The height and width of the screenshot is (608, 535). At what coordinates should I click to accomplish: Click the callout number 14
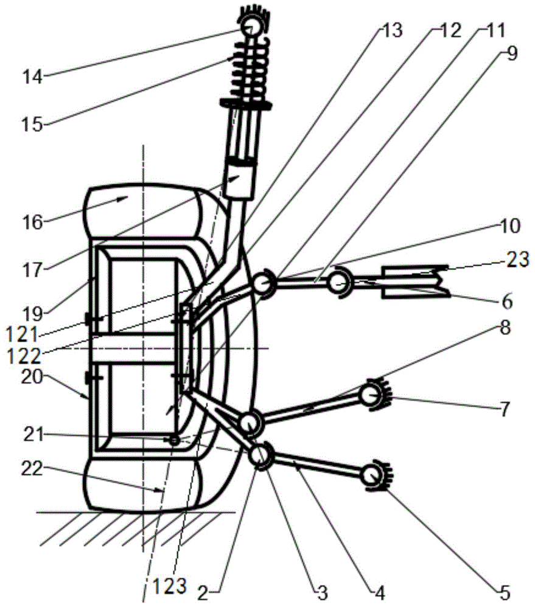click(32, 77)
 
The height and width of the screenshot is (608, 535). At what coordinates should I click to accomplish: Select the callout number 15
click(32, 125)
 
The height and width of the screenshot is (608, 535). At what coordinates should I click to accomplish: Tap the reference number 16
click(32, 222)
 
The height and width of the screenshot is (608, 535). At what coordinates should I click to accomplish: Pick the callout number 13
click(392, 30)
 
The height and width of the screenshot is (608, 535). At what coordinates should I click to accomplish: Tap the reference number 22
click(32, 469)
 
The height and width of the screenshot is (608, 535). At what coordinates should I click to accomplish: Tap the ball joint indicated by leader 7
click(371, 395)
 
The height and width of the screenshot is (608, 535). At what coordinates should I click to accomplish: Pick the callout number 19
click(32, 314)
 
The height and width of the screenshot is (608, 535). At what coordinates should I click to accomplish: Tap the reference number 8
click(505, 328)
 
